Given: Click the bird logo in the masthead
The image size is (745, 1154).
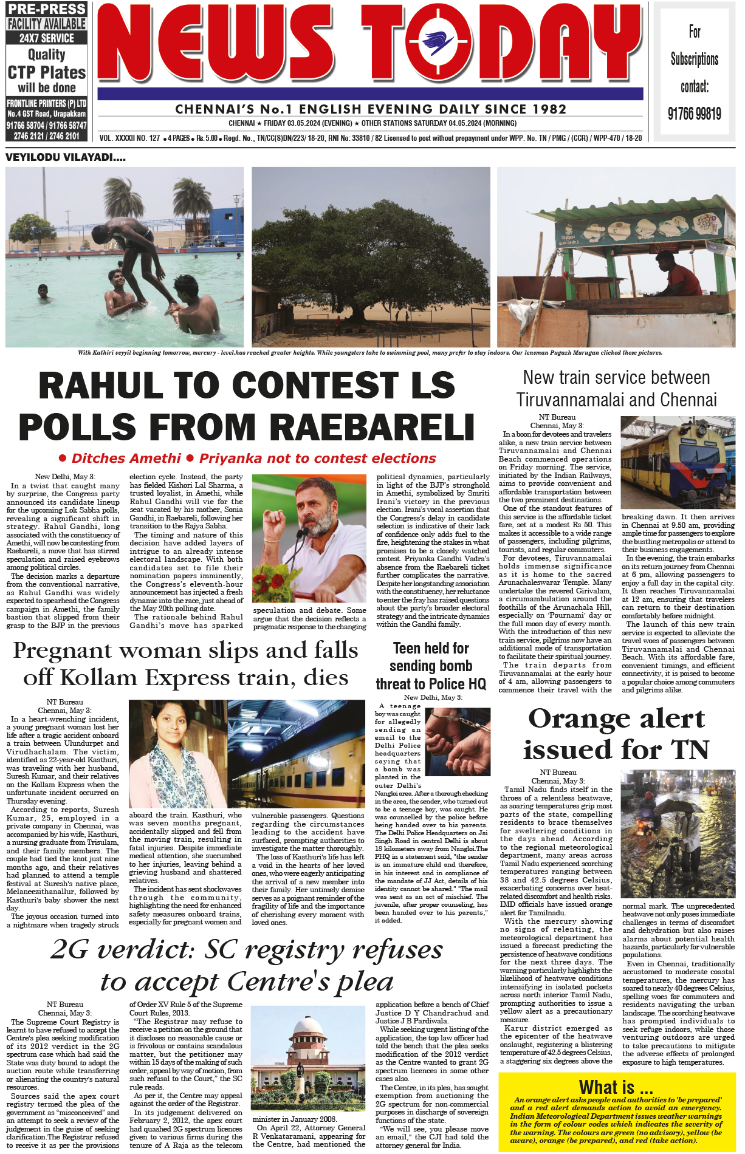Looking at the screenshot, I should [x=439, y=42].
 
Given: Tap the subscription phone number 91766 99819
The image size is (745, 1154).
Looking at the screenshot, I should [x=694, y=114].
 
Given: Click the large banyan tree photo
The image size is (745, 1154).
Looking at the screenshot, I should [x=371, y=257].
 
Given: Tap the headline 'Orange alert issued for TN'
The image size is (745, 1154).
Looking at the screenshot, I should [x=616, y=734].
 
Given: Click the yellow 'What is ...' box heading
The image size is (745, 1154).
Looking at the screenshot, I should [x=616, y=1087].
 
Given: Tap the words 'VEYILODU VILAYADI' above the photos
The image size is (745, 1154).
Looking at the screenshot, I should [x=66, y=157].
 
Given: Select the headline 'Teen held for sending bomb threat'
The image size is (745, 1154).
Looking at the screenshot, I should [x=431, y=666].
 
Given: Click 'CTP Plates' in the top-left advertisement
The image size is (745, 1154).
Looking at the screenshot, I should [x=47, y=72].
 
